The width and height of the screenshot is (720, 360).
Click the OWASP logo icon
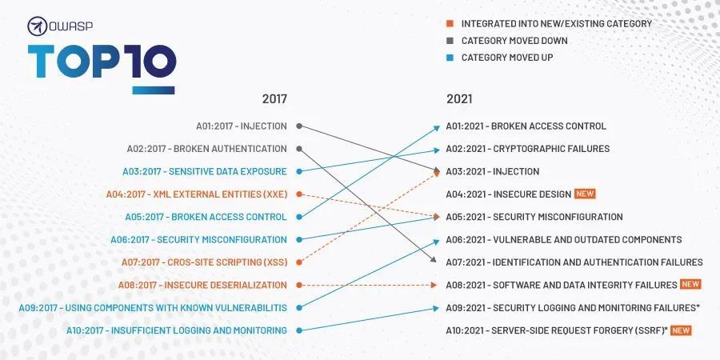pos(38,26)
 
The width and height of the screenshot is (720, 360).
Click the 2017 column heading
pos(274,99)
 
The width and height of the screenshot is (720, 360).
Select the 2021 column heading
pos(459,99)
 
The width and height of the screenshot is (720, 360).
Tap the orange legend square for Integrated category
pos(450,23)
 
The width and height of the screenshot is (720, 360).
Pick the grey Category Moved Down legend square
pos(450,41)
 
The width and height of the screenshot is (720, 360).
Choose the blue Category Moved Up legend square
pos(450,58)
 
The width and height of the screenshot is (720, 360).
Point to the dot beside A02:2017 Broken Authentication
pos(298,148)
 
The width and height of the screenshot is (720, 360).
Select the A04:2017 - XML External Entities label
pos(196,194)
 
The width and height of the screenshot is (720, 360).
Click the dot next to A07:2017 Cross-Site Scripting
pos(298,262)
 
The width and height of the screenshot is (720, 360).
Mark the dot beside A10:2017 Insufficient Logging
pos(298,330)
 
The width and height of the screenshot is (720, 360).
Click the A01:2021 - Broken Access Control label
pos(526,126)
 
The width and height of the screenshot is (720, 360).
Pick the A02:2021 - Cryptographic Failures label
pos(527,148)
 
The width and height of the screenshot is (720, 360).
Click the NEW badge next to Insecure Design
pos(586,194)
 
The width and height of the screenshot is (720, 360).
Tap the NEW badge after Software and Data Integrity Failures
pos(690,284)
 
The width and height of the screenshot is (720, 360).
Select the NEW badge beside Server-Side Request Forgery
pos(681,330)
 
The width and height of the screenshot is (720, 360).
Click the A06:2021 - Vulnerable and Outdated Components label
pos(563,239)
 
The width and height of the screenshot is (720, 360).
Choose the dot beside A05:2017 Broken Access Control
pos(298,216)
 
